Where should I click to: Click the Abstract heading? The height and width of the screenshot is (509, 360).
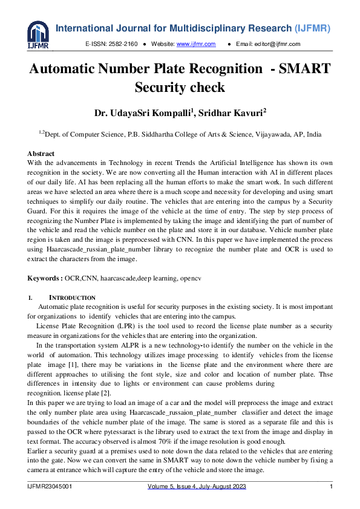(x=41, y=154)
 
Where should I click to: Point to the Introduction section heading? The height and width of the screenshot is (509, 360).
(x=71, y=298)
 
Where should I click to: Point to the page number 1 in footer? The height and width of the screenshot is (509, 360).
(x=331, y=487)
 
